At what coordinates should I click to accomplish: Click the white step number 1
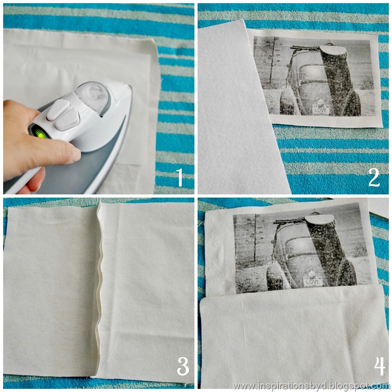pos(179,177)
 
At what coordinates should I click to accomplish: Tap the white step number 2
pos(374,177)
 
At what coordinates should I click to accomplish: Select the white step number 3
pos(183,366)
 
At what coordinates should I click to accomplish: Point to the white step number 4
pos(380,366)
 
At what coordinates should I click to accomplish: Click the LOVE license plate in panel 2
pos(320,109)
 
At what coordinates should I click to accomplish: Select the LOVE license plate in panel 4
pos(312,281)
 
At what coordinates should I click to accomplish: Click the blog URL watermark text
pos(311,386)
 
